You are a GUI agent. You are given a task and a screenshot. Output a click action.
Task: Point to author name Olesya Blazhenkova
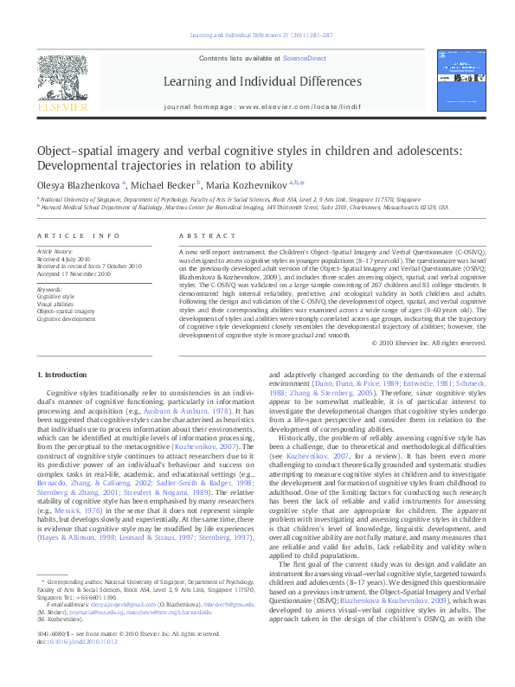pos(79,184)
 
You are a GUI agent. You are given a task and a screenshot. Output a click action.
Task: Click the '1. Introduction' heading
pos(64,374)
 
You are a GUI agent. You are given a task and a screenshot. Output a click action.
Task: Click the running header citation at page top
pos(256,35)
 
